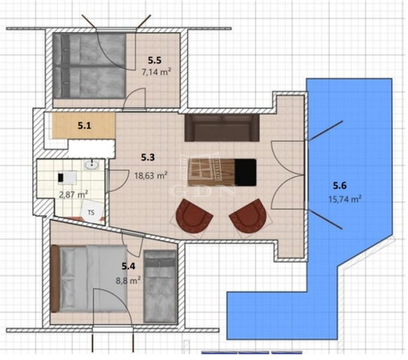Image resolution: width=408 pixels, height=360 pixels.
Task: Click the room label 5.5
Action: (155, 60)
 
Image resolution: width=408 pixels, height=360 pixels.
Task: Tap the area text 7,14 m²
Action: (156, 71)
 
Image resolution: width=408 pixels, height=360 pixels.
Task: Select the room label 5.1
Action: (84, 126)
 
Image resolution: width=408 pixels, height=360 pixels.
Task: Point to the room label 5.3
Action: (148, 157)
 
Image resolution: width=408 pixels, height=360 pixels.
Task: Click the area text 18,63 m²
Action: (151, 176)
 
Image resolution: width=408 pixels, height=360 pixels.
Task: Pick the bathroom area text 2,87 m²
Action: (74, 195)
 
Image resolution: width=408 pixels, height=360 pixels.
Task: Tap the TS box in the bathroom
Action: (92, 213)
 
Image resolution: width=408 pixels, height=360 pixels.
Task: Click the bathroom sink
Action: (92, 165)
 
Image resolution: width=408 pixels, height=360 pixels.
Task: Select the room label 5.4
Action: (128, 266)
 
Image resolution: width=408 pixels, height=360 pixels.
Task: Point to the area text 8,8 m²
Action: (128, 280)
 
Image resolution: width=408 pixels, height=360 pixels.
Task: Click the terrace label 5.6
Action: (340, 186)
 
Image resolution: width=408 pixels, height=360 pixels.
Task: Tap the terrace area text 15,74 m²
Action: (345, 199)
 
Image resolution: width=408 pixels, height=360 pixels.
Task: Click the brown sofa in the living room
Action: (222, 128)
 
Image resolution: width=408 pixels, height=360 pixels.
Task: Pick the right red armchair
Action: (250, 216)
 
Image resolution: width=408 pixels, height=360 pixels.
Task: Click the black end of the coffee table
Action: (245, 172)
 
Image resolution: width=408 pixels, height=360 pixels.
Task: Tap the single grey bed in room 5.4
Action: (160, 286)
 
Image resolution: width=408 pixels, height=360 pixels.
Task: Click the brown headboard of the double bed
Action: (55, 279)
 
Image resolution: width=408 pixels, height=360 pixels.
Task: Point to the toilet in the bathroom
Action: (67, 177)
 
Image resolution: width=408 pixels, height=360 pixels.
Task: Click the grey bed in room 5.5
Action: (89, 65)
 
